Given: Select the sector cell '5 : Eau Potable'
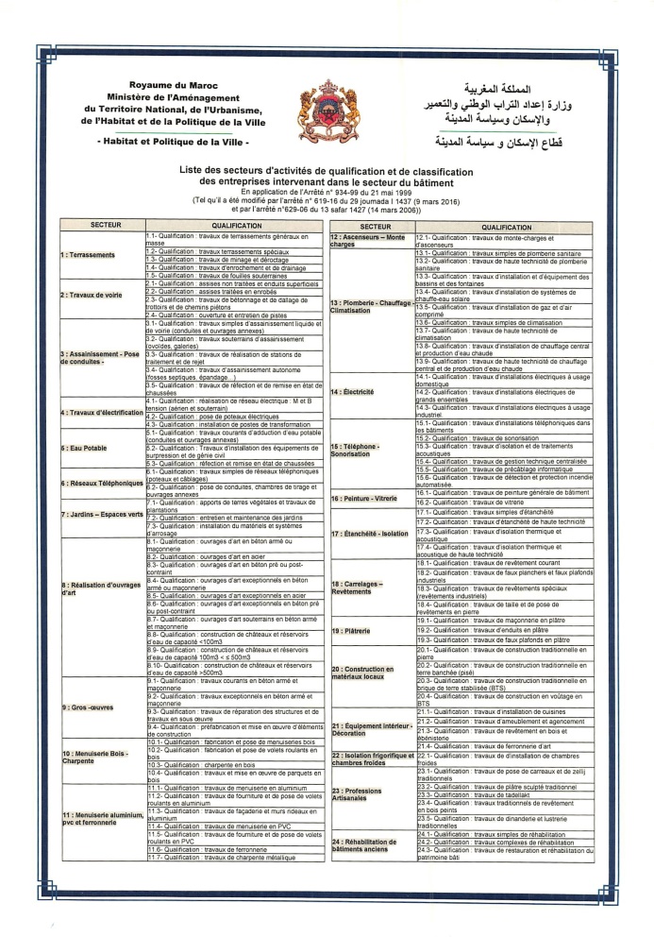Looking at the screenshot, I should pyautogui.click(x=83, y=448).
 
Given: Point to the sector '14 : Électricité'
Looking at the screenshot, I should pyautogui.click(x=355, y=391).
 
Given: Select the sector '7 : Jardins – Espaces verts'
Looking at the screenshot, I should pyautogui.click(x=101, y=515).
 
